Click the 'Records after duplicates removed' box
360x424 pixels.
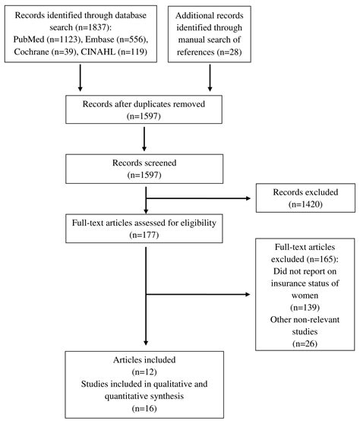pyautogui.click(x=144, y=112)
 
